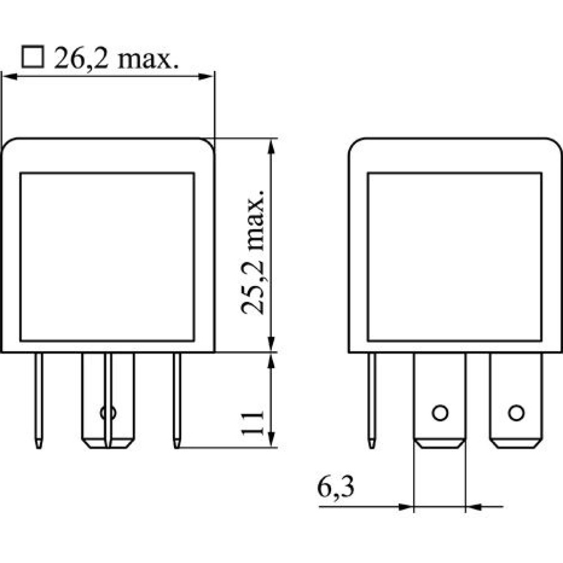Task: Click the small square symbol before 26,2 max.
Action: [x=33, y=57]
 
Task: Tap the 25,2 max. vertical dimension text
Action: [x=253, y=252]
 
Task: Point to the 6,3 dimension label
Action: [x=336, y=487]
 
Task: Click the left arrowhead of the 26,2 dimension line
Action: [x=10, y=77]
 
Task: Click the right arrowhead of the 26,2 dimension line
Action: [x=206, y=77]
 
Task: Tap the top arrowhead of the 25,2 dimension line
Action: [x=271, y=146]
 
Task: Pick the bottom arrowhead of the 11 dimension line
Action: [x=271, y=440]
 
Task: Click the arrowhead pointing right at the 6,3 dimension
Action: [x=406, y=507]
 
